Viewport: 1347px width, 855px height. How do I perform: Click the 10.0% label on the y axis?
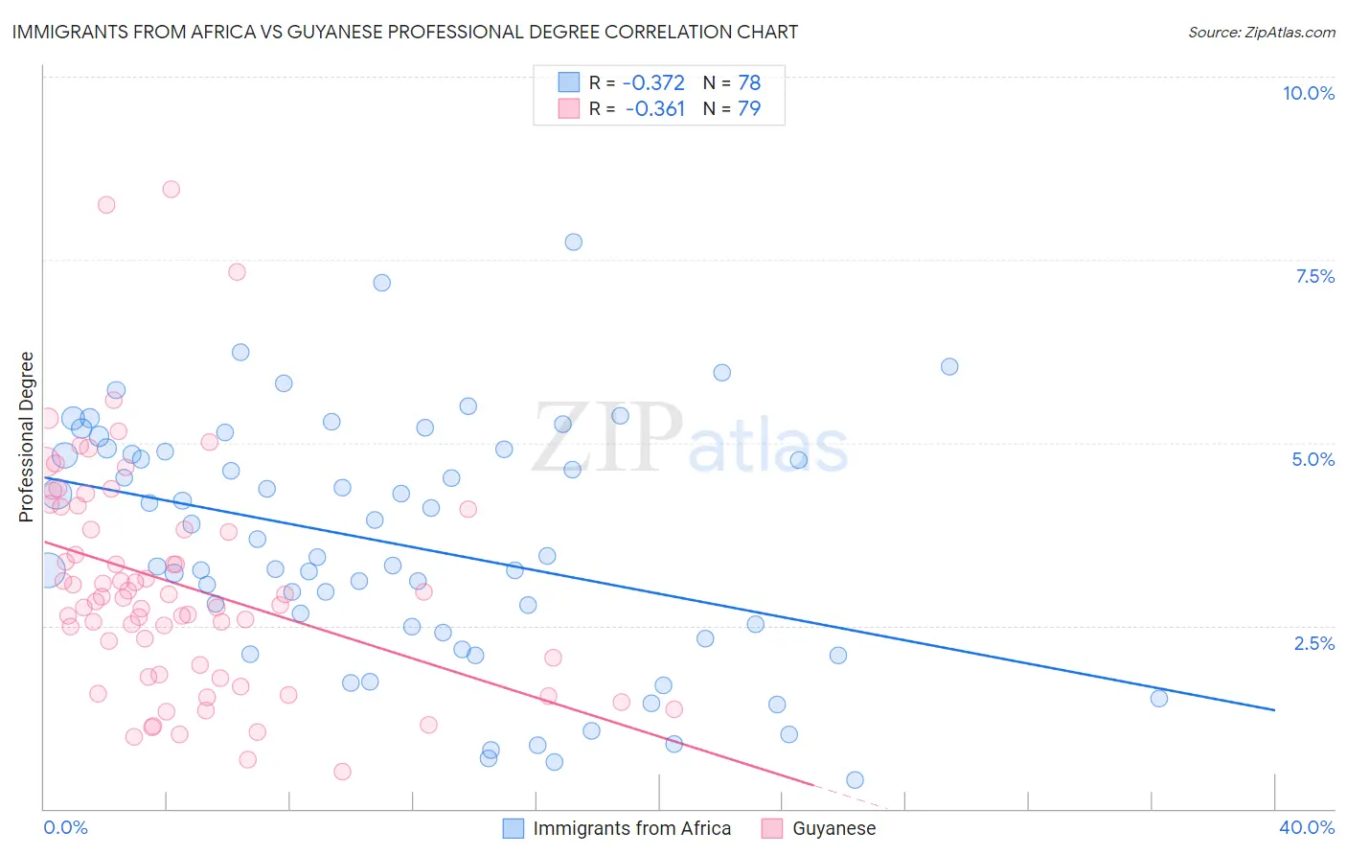(x=1308, y=93)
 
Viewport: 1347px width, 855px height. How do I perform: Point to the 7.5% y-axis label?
(x=1314, y=276)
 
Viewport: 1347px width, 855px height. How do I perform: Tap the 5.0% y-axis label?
(x=1313, y=459)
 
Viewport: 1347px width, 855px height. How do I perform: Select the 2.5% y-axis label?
(x=1313, y=643)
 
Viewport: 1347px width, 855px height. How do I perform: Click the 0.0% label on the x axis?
(x=65, y=827)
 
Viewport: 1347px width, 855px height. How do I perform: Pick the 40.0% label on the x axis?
(x=1306, y=827)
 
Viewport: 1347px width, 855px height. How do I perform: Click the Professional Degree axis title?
(x=26, y=437)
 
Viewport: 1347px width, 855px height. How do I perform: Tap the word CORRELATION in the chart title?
(x=610, y=32)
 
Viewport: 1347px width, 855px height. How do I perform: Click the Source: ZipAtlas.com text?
(x=1261, y=33)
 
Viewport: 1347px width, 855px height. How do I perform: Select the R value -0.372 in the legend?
(x=653, y=83)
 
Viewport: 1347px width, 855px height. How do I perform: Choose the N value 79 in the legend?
(x=749, y=109)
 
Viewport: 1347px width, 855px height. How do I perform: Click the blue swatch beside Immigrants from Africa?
(x=514, y=828)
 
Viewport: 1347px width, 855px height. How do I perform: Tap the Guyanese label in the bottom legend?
(x=833, y=828)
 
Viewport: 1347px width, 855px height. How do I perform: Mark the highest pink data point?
(x=171, y=189)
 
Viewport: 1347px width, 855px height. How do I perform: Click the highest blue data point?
(x=573, y=242)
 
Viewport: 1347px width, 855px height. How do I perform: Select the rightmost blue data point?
(x=1158, y=698)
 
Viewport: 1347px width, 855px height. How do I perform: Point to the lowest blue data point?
(x=855, y=780)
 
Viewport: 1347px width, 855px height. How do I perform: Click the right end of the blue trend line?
(x=1274, y=709)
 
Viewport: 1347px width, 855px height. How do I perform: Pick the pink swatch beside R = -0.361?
(x=569, y=109)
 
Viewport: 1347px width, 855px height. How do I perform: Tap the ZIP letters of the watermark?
(x=607, y=437)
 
